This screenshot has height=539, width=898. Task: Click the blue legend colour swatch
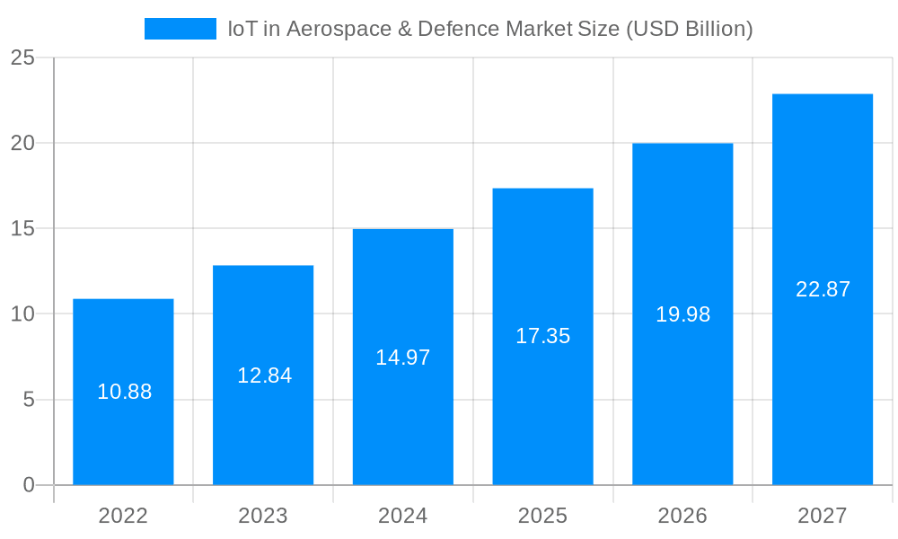180,29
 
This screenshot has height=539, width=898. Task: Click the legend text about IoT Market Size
489,29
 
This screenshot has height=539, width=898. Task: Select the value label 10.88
124,392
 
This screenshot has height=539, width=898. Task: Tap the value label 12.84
264,376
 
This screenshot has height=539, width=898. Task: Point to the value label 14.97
403,358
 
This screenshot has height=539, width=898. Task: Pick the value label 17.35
542,336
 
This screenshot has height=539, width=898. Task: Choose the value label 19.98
682,314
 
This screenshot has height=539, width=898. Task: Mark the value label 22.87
823,289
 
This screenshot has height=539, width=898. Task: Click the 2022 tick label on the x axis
123,516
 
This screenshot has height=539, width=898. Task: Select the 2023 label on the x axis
263,516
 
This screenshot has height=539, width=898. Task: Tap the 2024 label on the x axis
403,516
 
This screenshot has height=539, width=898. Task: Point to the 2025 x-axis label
542,516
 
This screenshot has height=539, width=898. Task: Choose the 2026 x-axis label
682,516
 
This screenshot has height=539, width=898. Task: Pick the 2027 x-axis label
823,516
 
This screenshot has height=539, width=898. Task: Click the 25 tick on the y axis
22,58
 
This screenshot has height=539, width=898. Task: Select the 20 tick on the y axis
22,144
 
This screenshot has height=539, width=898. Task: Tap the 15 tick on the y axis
22,229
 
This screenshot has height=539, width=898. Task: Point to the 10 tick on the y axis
22,314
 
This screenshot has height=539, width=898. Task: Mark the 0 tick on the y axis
28,485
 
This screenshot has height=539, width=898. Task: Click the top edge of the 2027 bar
823,94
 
